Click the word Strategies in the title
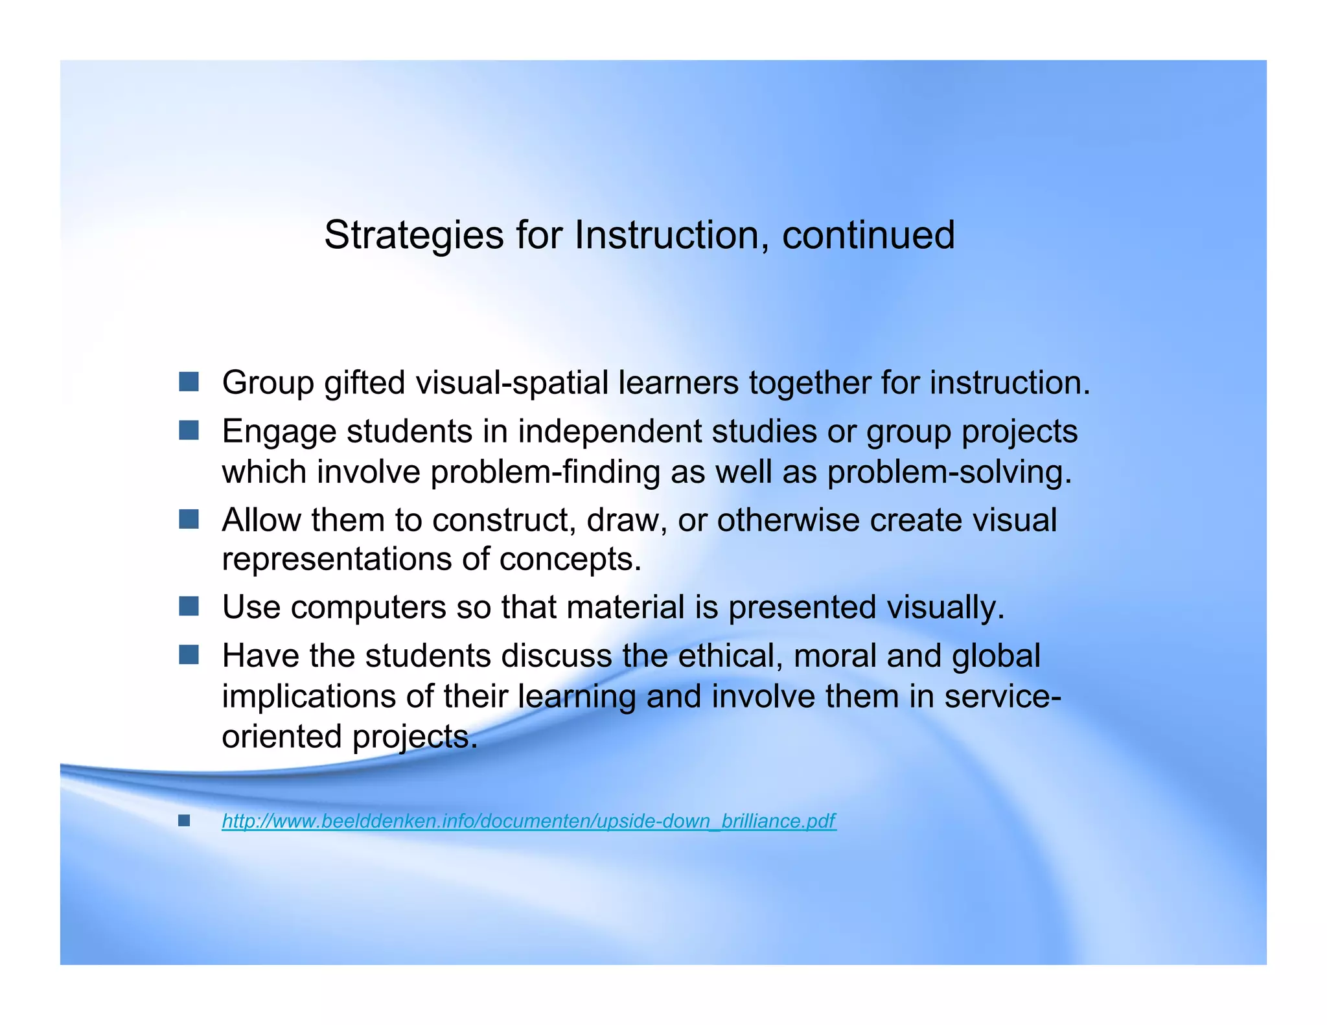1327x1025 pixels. (x=413, y=235)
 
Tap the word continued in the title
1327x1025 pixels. (x=868, y=235)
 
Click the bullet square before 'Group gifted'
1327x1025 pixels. (x=189, y=382)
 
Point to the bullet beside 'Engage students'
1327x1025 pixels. (x=189, y=430)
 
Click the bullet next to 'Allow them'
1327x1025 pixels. (x=189, y=519)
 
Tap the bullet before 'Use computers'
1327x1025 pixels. (x=189, y=606)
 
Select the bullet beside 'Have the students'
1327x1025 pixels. (x=189, y=655)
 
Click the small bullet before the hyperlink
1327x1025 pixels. (x=184, y=821)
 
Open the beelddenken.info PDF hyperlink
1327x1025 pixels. (x=529, y=821)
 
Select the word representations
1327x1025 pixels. (x=337, y=559)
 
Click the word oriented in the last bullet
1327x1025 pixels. (x=282, y=737)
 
